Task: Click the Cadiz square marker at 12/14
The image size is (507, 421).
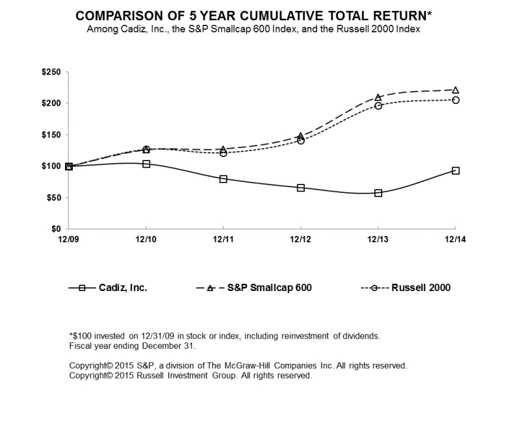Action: pos(456,171)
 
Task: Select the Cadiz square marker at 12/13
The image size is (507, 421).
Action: pos(378,193)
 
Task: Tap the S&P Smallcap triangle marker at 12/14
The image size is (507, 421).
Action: pos(456,90)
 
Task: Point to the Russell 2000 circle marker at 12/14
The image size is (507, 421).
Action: pos(456,100)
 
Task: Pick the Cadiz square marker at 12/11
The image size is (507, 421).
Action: pos(224,179)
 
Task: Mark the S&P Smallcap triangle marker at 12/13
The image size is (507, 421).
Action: pos(378,97)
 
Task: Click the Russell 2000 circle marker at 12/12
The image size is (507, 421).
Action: pos(301,140)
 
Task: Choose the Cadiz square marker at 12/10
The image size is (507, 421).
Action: pos(146,164)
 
